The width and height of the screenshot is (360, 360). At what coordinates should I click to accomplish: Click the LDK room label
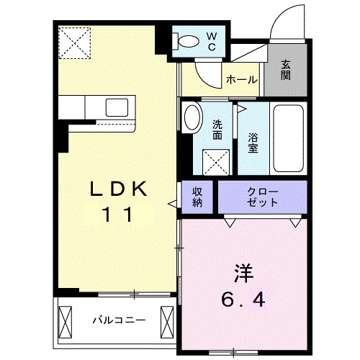point(118,189)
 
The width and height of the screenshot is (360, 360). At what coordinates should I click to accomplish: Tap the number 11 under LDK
point(118,214)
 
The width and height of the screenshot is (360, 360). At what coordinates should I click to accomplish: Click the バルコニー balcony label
point(118,318)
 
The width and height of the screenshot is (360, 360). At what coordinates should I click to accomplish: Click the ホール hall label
point(241,80)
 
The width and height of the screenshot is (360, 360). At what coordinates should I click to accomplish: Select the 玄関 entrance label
point(286,69)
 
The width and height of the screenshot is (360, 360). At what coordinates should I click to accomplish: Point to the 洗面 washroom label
point(217,129)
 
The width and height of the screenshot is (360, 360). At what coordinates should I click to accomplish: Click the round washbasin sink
point(192,118)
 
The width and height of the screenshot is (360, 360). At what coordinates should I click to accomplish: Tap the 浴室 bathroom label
point(253,141)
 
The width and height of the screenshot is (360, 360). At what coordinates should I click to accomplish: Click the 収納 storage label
point(197,197)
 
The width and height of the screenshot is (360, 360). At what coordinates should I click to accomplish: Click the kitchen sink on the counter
point(117,108)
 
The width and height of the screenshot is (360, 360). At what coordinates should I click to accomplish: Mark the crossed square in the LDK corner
point(75,42)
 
